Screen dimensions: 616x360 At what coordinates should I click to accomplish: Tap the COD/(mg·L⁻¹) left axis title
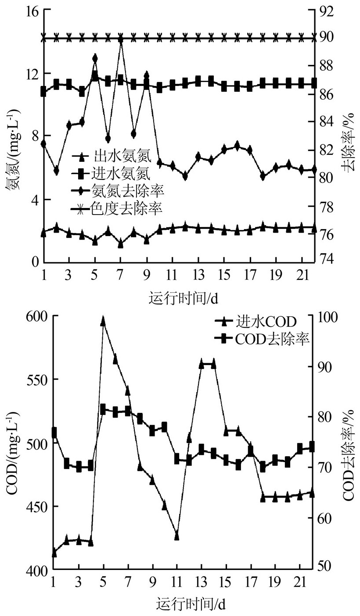pyautogui.click(x=12, y=443)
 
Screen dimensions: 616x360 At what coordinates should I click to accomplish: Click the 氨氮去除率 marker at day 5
pyautogui.click(x=95, y=58)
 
